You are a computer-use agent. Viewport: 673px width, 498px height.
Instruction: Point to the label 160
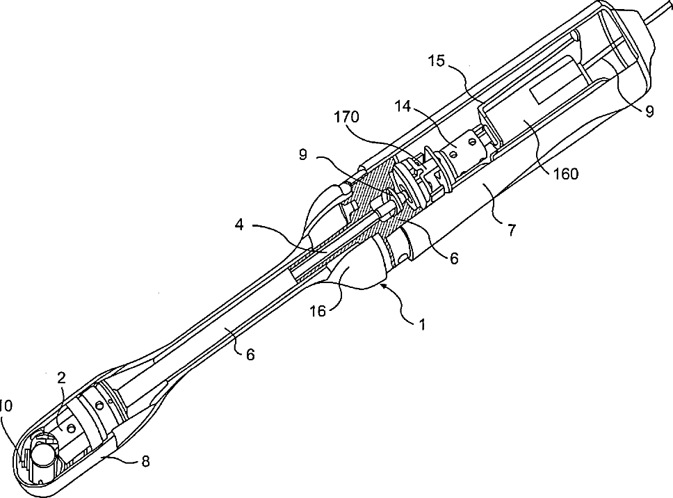tap(565, 173)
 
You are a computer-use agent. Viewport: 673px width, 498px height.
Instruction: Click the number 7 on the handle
tap(512, 230)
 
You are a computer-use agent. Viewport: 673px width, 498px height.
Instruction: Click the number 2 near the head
tap(61, 378)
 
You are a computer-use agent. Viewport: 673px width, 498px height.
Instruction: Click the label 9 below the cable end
tap(649, 112)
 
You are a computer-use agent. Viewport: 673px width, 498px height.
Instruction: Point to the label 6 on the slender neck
tap(250, 354)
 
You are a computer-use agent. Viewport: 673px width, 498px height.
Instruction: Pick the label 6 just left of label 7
tap(453, 258)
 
